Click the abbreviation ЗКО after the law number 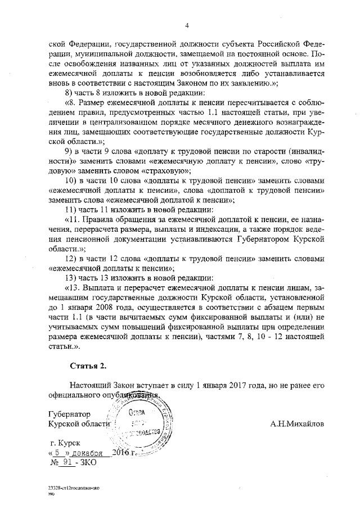pos(89,462)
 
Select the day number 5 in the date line pos(57,453)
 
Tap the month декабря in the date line pos(87,453)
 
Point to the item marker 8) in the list pos(69,92)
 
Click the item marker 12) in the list pos(71,258)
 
